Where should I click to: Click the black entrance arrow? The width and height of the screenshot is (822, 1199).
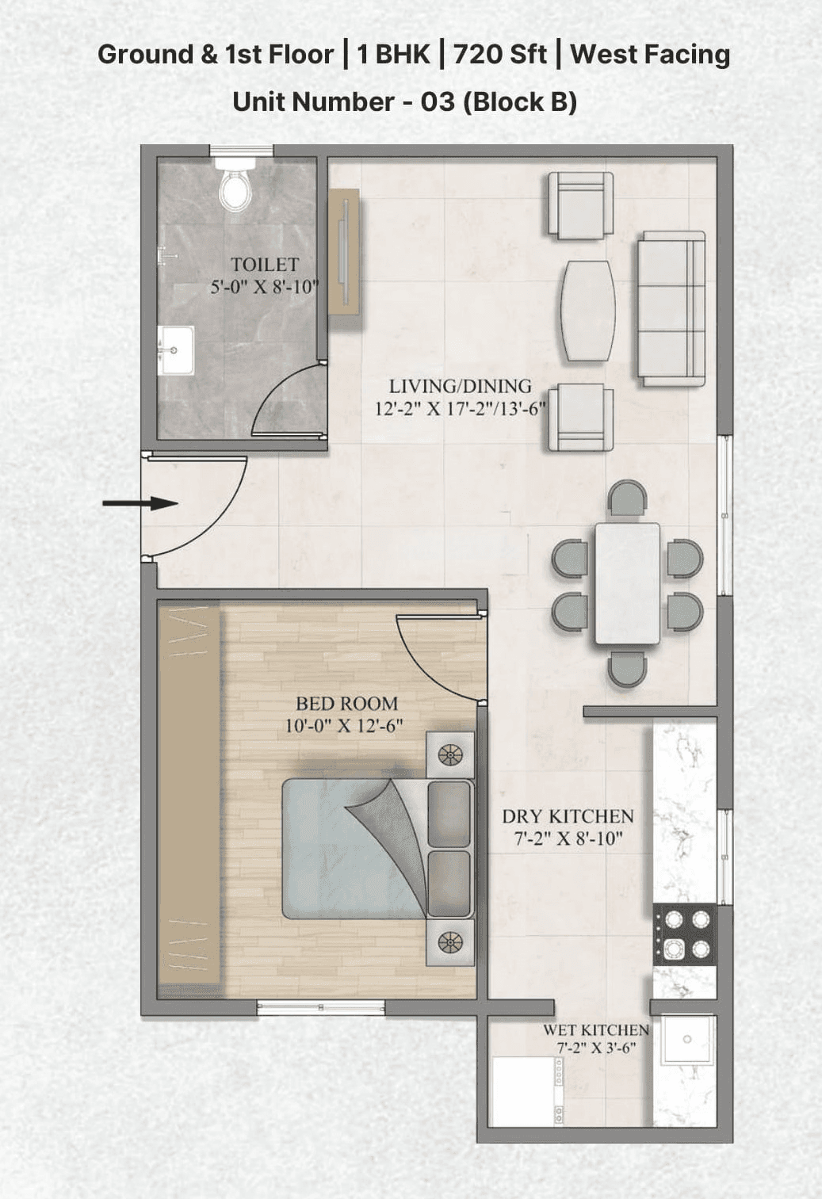point(140,503)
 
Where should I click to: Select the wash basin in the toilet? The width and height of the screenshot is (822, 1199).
point(176,350)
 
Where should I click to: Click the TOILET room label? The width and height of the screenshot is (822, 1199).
point(265,265)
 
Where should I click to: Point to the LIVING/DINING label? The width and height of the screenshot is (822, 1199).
point(460,387)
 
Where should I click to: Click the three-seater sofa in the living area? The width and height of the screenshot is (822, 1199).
point(671,308)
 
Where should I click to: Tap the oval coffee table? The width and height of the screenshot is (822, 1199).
point(588,311)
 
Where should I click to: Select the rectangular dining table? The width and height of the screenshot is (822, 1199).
point(627,583)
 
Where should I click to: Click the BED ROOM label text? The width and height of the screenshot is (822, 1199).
point(346,704)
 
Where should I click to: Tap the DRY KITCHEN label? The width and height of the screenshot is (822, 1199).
point(568,817)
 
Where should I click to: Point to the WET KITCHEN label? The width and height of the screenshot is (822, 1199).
point(595,1030)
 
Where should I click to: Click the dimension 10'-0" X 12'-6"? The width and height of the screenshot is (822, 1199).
point(344,726)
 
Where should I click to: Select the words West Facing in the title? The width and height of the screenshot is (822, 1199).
point(650,54)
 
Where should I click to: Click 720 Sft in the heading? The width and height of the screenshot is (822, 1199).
point(500,54)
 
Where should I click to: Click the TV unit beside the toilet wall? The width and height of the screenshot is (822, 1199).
point(345,252)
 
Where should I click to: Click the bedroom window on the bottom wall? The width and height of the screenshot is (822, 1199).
point(320,1008)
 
